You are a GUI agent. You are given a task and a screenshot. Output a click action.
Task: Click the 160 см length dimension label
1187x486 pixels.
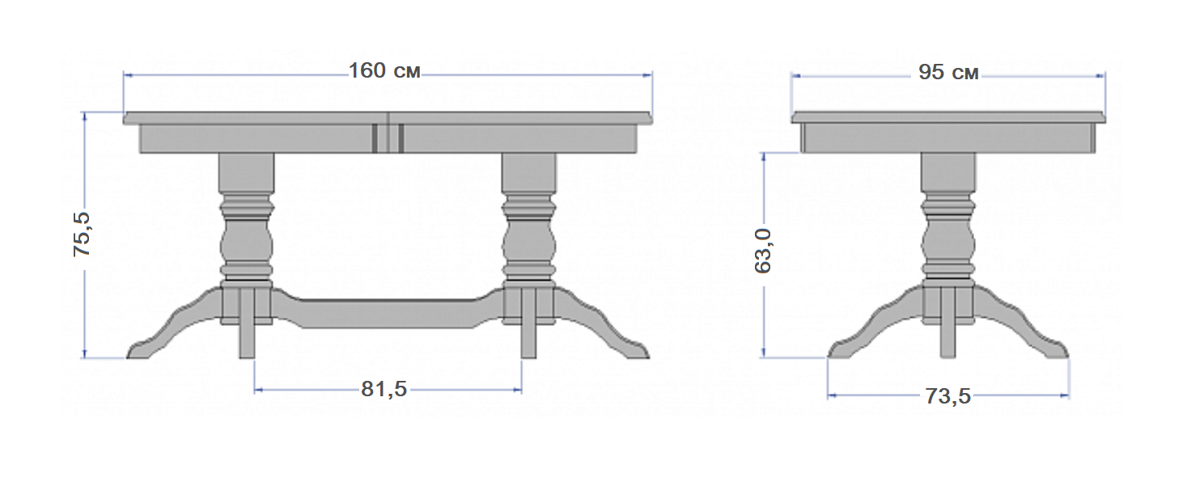point(384,71)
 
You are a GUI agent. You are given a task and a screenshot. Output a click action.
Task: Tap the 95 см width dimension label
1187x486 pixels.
point(948,72)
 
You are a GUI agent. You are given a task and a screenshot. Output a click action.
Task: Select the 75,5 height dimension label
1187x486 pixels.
point(82,235)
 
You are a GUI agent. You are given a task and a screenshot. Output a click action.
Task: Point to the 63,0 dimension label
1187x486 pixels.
point(762,251)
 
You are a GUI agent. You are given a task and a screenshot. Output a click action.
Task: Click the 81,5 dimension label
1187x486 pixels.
point(384,389)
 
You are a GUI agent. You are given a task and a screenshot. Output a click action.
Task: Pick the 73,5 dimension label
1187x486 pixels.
point(948,396)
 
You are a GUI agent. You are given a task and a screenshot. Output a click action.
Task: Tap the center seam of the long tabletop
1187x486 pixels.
point(388,133)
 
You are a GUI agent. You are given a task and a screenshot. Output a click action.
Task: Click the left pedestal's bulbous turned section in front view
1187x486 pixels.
point(247,243)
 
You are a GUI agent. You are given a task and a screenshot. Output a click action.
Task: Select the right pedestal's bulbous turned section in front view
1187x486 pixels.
point(529,243)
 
